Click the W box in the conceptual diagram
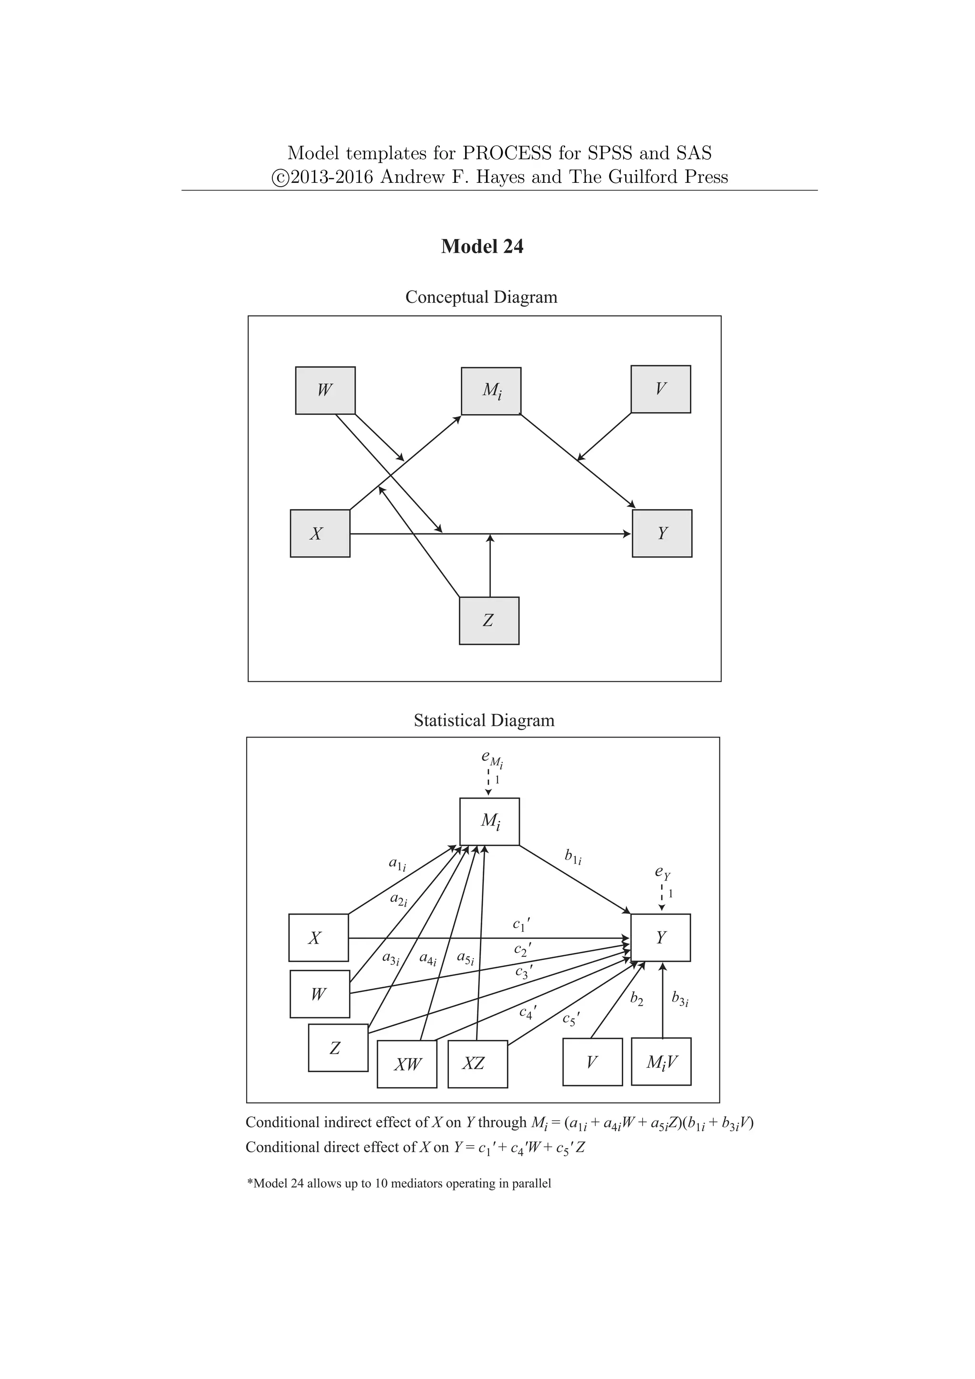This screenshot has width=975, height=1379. tap(325, 390)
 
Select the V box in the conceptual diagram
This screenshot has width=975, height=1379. tap(660, 389)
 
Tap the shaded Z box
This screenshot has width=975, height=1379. tap(489, 620)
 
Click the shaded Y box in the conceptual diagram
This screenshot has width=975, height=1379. tap(662, 533)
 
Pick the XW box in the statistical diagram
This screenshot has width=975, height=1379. tap(407, 1064)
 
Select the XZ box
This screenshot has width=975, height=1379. tap(478, 1064)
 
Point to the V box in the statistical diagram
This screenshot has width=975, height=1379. tap(592, 1062)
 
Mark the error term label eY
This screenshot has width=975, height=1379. tap(662, 872)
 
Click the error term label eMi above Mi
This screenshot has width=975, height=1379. tap(492, 759)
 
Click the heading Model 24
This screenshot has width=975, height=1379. tap(482, 246)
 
